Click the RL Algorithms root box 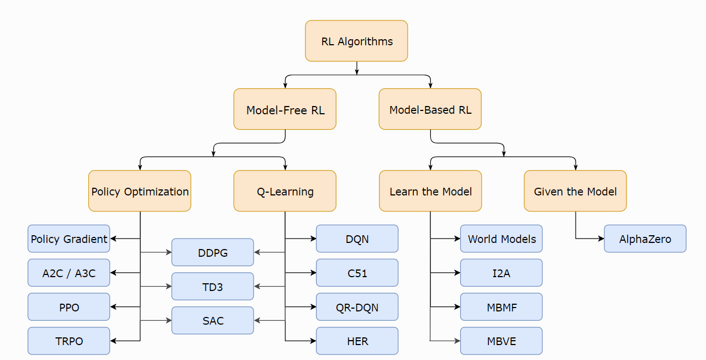click(356, 41)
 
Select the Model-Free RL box click(285, 109)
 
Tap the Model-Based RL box click(430, 109)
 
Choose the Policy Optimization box click(140, 191)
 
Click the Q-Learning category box click(285, 191)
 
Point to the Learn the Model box click(430, 191)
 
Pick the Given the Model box click(575, 191)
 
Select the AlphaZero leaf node click(645, 239)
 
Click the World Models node click(502, 239)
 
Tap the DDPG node click(213, 252)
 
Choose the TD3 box click(213, 287)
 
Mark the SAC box click(213, 320)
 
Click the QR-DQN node click(357, 307)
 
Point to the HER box click(357, 341)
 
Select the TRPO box click(69, 341)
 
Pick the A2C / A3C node click(69, 273)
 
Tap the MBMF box click(502, 307)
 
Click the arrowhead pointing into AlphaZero click(602, 239)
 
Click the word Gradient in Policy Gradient click(85, 239)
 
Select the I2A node click(502, 273)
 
